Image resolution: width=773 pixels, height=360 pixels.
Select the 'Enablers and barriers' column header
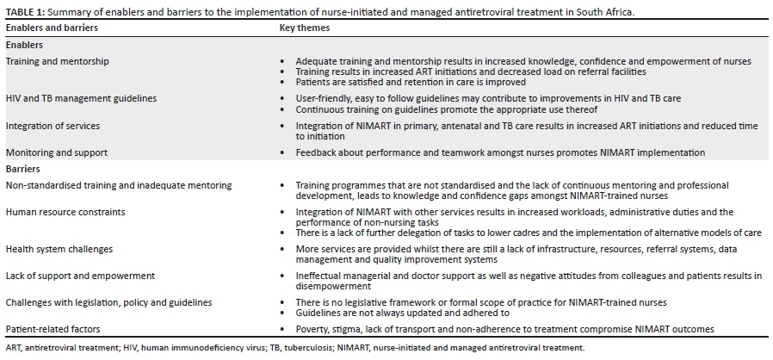coord(52,28)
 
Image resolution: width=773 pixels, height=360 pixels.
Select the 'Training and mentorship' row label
coord(58,62)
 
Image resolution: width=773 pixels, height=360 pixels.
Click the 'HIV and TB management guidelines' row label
coord(81,98)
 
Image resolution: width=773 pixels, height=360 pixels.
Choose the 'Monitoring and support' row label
coord(57,152)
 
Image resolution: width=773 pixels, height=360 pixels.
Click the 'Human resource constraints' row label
coord(65,212)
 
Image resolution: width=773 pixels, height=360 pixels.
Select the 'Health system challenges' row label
coord(59,249)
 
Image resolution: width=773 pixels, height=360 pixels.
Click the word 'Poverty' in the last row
coord(312,329)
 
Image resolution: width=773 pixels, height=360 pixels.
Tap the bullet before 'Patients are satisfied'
coord(284,82)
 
